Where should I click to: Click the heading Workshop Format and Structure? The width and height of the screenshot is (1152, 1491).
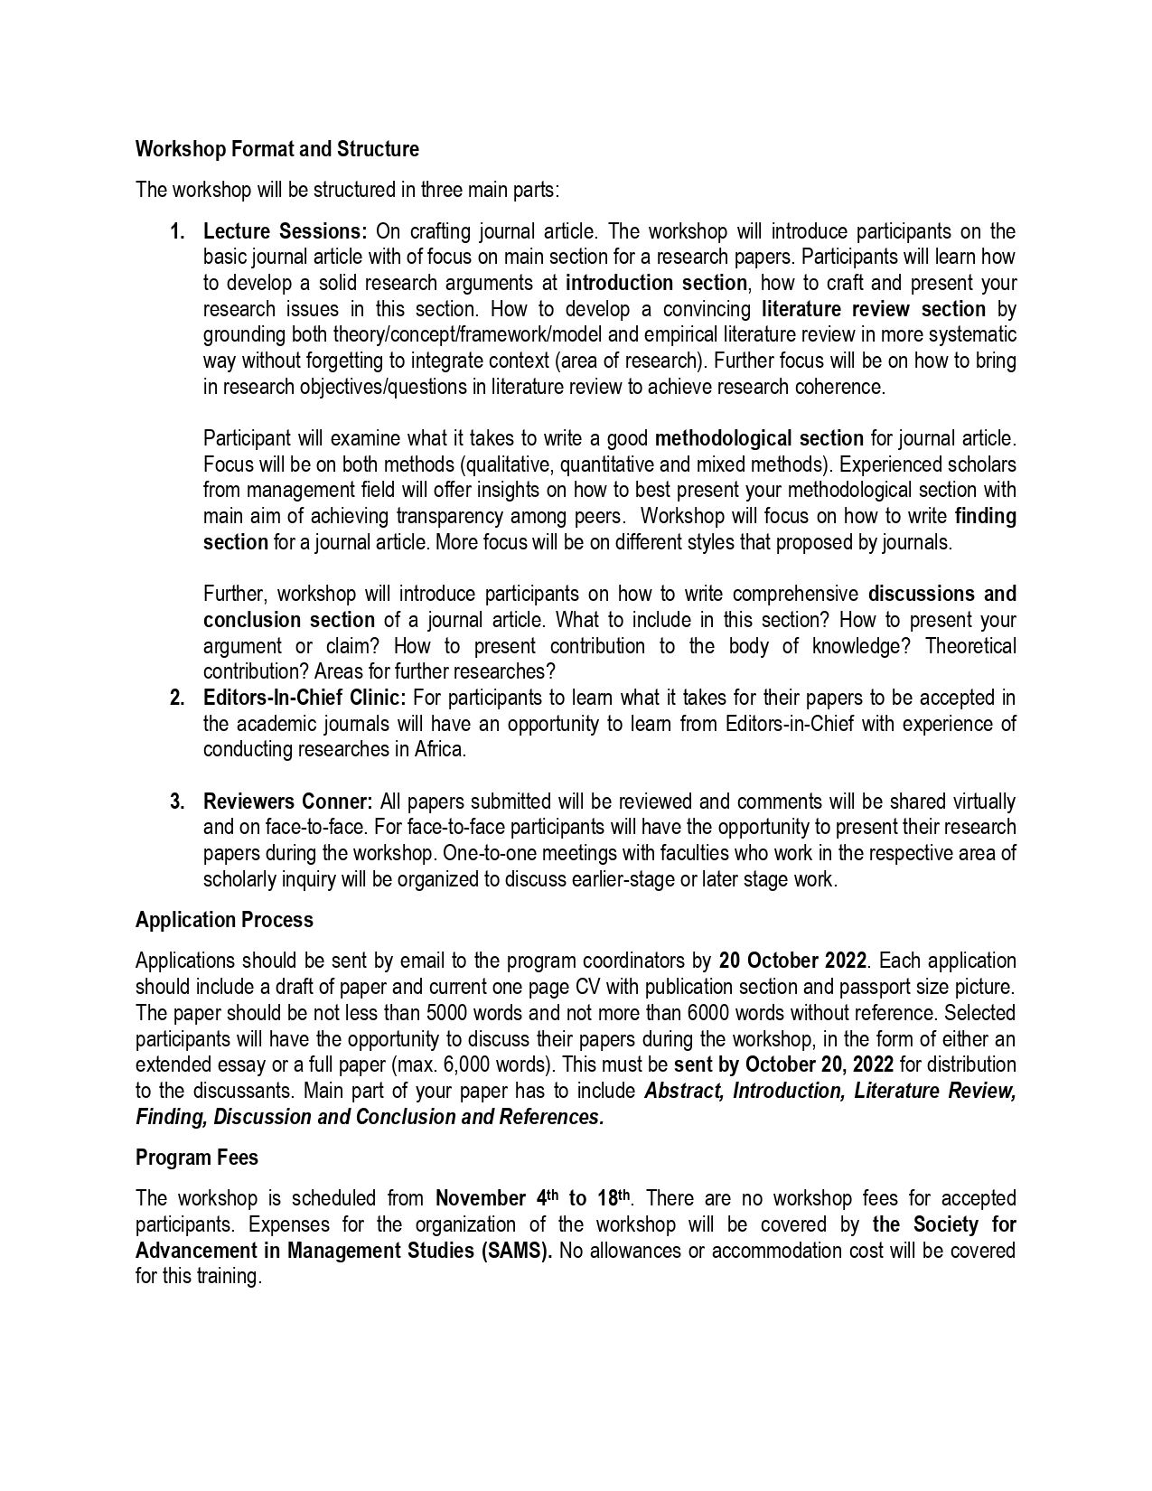tap(276, 149)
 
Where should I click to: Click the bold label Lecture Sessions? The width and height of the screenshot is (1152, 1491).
tap(285, 231)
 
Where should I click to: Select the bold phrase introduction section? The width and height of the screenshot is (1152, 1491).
tap(656, 283)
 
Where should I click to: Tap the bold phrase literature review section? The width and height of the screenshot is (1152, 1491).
tap(873, 309)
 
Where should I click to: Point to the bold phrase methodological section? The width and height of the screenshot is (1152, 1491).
tap(759, 439)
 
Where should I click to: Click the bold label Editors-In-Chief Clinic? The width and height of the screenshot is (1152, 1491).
tap(304, 698)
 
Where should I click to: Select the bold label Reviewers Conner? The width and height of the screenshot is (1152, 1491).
tap(287, 802)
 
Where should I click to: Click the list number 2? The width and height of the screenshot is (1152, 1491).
tap(177, 698)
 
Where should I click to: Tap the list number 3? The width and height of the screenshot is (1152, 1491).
tap(177, 802)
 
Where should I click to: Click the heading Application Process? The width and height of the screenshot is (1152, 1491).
tap(224, 920)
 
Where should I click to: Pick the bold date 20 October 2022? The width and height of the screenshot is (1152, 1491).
tap(792, 961)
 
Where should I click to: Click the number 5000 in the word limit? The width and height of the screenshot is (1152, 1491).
tap(446, 1013)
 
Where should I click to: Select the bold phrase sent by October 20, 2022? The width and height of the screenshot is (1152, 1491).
tap(783, 1064)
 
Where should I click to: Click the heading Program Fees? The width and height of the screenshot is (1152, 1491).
tap(196, 1158)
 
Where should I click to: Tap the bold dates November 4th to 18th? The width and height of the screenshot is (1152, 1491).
tap(532, 1199)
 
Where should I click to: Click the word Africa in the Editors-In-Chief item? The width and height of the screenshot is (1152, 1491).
tap(438, 750)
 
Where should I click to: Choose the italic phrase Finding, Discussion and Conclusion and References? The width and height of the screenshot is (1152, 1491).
tap(370, 1117)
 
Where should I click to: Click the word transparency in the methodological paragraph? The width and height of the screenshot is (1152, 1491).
tap(448, 517)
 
